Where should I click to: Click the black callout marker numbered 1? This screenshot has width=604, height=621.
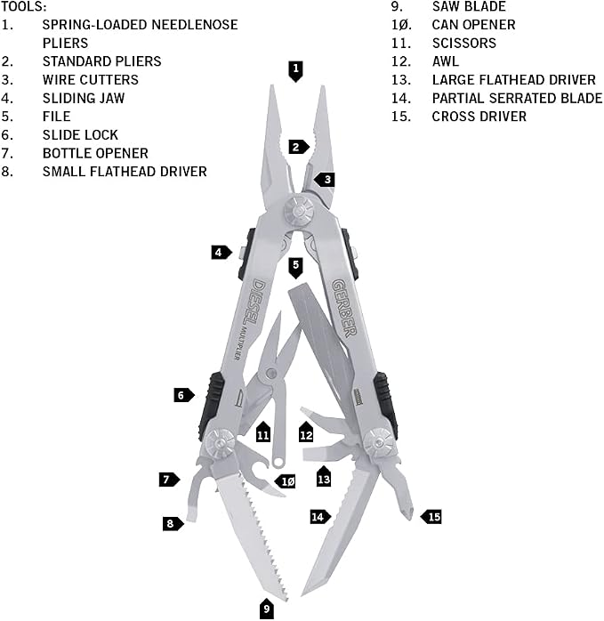(295, 71)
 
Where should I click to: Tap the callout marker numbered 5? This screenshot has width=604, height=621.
(295, 268)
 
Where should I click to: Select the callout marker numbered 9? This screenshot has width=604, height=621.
(266, 609)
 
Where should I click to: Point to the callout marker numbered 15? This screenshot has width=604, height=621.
(431, 517)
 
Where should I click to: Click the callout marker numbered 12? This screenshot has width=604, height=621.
(306, 432)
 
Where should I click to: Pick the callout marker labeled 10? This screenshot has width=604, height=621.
(286, 481)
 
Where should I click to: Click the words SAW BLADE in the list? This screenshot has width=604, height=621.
(469, 7)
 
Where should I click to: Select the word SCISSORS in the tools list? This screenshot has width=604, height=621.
(463, 43)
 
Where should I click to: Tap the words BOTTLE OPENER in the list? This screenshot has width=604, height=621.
(95, 153)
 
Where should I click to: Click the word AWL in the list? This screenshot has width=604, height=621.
(446, 61)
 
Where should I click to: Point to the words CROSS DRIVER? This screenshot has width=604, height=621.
(479, 117)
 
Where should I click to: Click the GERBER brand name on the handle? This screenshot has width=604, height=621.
(344, 308)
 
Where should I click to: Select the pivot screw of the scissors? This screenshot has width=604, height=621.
(271, 373)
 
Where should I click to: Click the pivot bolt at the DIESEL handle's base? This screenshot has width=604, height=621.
(220, 443)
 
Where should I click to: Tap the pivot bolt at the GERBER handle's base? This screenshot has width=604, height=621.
(380, 442)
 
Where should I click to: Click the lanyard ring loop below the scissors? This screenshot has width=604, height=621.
(279, 462)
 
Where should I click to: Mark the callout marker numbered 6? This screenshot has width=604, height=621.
(184, 395)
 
